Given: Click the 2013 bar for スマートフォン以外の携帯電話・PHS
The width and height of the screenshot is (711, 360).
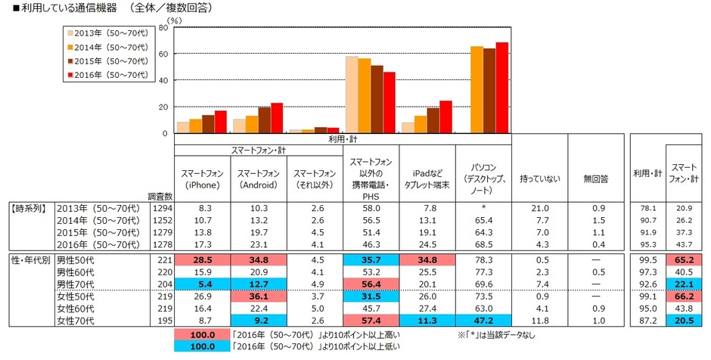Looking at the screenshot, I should click(352, 95).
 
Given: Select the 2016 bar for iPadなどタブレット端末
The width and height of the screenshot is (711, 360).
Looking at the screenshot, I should click(446, 116).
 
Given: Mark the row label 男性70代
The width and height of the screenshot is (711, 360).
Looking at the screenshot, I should click(45, 282).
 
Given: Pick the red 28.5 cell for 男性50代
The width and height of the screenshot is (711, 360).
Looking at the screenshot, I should click(203, 259).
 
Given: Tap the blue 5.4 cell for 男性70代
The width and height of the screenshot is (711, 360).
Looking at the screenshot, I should click(203, 282).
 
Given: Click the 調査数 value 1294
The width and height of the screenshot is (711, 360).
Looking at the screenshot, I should click(162, 206).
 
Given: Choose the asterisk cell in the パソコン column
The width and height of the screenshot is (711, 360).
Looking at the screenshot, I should click(483, 206).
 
